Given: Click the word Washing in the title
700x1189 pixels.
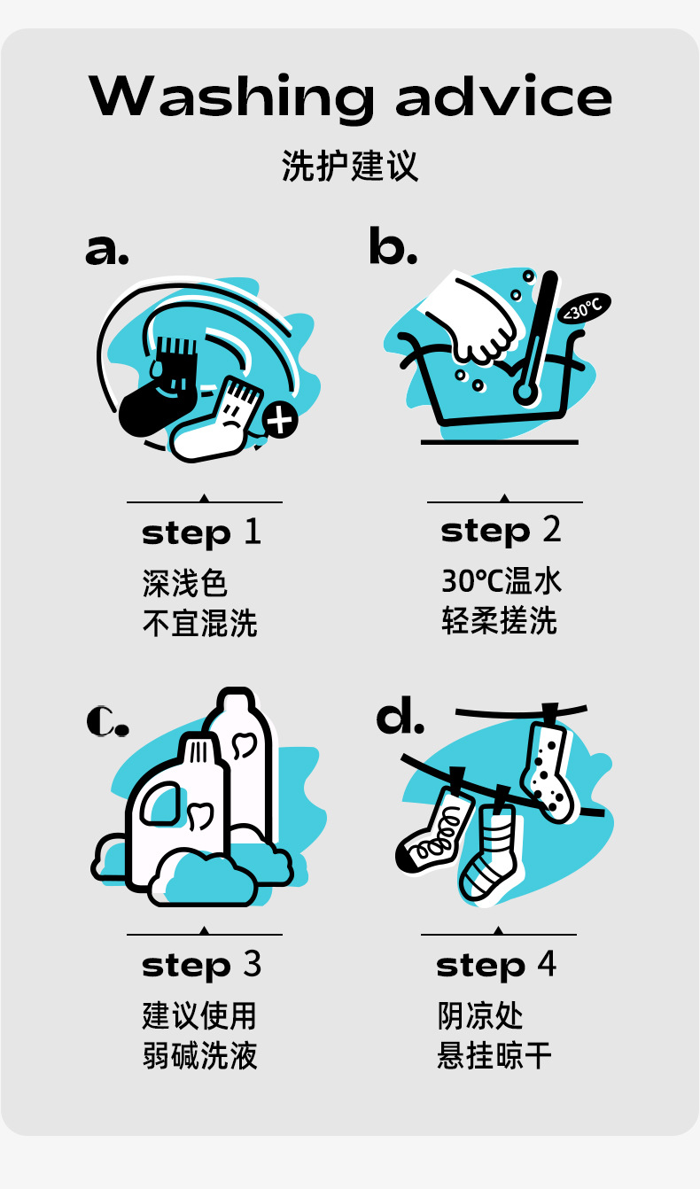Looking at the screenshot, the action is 231,97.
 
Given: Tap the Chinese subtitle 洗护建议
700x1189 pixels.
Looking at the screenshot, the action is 350,166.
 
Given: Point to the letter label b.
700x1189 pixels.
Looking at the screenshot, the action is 393,245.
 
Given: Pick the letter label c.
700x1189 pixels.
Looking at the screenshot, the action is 107,721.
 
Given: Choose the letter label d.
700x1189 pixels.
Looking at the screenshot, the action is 400,716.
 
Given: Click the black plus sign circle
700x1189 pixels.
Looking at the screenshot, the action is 280,420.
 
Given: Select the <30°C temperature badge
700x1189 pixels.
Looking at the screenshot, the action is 584,307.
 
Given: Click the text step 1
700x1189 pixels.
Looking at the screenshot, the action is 201,533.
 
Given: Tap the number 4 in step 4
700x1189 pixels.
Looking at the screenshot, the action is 547,963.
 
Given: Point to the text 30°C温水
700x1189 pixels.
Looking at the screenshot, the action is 501,580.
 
